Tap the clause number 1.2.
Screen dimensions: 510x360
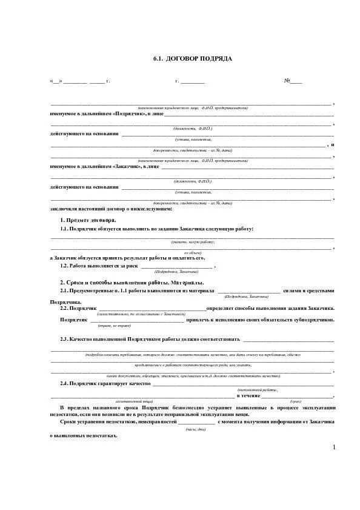tap(64, 266)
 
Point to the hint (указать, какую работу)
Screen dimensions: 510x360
tap(193, 242)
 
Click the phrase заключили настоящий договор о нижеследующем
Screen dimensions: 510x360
tap(111, 209)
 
